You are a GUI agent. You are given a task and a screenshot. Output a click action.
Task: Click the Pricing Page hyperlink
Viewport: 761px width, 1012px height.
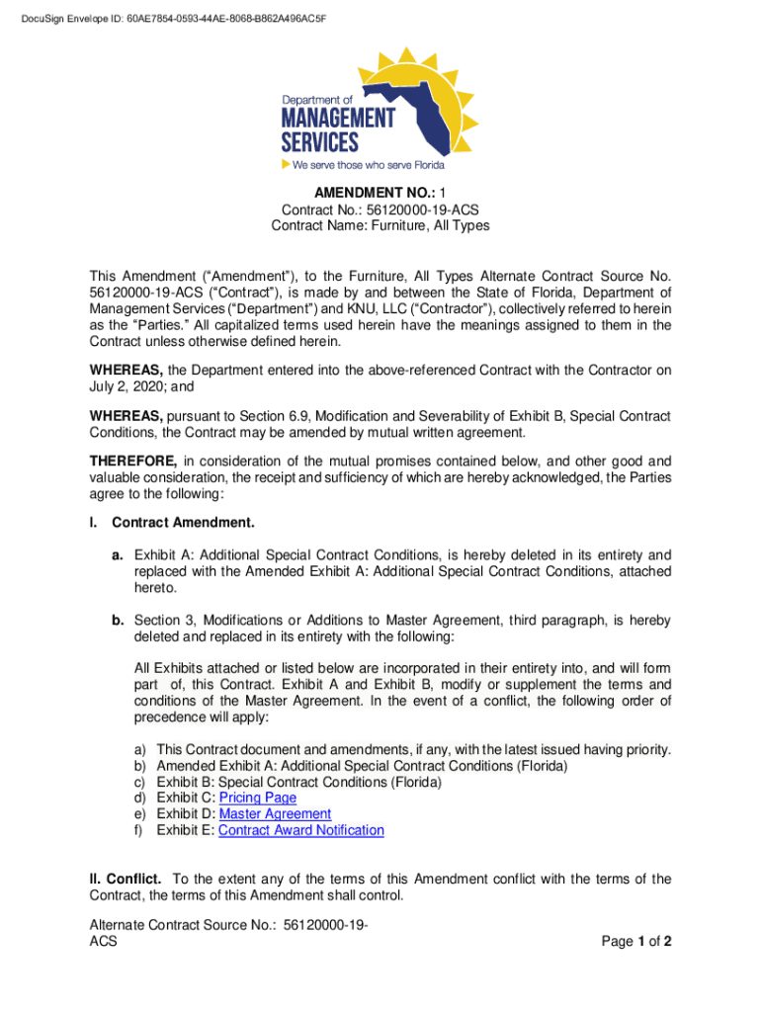click(257, 798)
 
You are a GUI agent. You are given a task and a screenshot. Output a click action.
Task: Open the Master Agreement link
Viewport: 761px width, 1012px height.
click(275, 814)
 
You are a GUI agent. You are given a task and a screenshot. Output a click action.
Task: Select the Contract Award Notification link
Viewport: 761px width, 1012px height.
click(300, 830)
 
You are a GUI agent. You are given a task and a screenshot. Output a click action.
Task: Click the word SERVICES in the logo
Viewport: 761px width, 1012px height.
click(323, 141)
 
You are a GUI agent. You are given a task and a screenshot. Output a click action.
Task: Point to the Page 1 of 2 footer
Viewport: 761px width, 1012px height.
click(636, 942)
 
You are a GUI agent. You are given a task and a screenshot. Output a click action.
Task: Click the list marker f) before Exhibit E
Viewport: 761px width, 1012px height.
click(139, 830)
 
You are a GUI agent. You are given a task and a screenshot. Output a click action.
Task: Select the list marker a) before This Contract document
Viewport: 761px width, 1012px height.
click(140, 749)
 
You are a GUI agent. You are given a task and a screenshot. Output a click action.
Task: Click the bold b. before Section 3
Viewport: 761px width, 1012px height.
click(117, 621)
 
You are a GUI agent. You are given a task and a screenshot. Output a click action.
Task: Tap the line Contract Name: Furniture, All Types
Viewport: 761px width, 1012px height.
click(380, 226)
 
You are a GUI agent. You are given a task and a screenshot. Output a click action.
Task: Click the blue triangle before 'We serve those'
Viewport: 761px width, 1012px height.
click(287, 164)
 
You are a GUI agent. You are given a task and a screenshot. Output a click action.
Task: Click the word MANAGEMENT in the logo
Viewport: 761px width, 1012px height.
click(339, 118)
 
